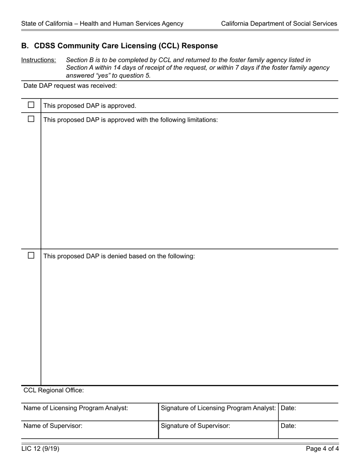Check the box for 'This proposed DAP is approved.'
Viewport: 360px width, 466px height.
click(31, 105)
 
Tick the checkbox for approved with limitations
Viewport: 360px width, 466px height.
click(31, 119)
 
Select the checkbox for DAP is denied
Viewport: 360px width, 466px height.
click(31, 255)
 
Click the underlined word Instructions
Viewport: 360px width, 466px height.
click(39, 60)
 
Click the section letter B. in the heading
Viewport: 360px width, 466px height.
click(25, 46)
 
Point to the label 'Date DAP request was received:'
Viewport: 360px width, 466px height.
click(70, 86)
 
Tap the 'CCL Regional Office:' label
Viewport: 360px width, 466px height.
click(53, 390)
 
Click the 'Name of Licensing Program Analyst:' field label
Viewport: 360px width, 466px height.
click(76, 408)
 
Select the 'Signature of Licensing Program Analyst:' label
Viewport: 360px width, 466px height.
click(218, 408)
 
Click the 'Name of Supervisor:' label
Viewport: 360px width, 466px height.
click(53, 426)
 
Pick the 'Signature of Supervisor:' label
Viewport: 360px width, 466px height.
click(196, 426)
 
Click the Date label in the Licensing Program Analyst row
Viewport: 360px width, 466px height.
click(288, 408)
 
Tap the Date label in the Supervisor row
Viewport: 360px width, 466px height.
click(288, 426)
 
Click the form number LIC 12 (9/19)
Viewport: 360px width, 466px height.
click(40, 449)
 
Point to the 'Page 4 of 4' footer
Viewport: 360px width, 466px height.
click(322, 449)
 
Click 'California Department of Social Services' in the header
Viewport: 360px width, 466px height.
click(279, 23)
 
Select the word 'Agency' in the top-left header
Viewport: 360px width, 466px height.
click(172, 23)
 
